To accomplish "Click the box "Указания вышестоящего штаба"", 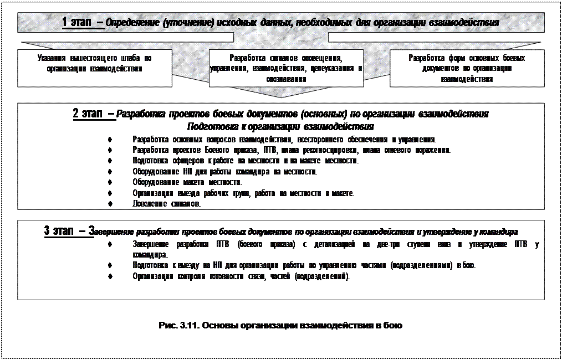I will [94, 63].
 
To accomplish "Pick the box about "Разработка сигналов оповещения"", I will [286, 68].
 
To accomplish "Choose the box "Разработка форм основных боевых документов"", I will [467, 68].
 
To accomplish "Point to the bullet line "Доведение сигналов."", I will [167, 203].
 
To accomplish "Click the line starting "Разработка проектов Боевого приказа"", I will [292, 150].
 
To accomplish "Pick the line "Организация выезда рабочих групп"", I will [243, 193].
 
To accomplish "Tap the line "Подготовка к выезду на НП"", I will [304, 265].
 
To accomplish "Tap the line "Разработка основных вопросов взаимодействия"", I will [284, 139].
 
